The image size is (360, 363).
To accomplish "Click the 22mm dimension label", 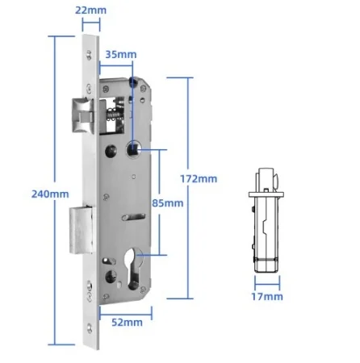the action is [x=90, y=10].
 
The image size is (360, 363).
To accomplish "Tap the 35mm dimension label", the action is [x=121, y=54].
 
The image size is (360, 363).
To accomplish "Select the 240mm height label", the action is [x=50, y=194].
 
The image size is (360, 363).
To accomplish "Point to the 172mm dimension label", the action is [x=199, y=179].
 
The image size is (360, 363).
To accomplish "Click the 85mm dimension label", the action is [x=168, y=203].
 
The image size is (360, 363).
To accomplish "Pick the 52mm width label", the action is [x=127, y=322].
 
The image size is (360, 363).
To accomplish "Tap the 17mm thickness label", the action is [x=267, y=297].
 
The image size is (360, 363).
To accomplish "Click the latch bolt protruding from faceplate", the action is [x=82, y=116].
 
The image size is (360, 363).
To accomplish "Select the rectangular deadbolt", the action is [x=82, y=230].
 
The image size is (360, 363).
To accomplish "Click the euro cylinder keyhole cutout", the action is [x=134, y=269].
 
